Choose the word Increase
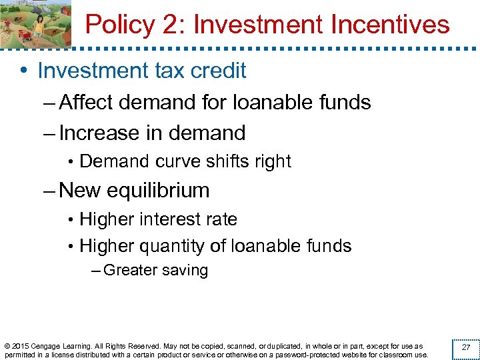[99, 133]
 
